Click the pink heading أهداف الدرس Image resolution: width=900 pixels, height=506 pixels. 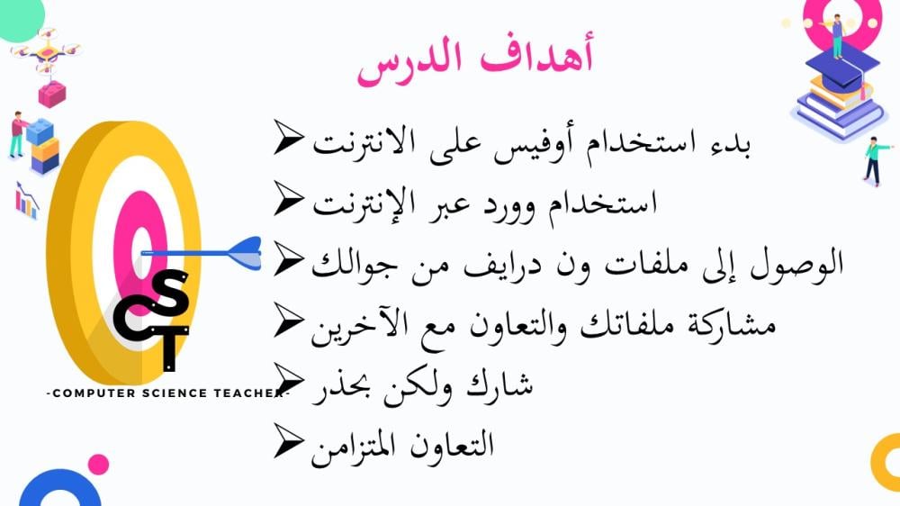pyautogui.click(x=475, y=59)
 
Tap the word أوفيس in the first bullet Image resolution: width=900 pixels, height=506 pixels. pyautogui.click(x=616, y=143)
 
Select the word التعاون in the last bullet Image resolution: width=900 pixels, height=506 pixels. pyautogui.click(x=452, y=445)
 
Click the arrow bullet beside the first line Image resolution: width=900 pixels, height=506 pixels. pyautogui.click(x=288, y=137)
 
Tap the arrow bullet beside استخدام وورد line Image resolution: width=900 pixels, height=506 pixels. pyautogui.click(x=288, y=198)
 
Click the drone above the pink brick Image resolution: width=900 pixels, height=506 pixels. pyautogui.click(x=46, y=51)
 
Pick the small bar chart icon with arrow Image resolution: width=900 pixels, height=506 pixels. pyautogui.click(x=26, y=201)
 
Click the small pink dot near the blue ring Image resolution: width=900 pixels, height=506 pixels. pyautogui.click(x=98, y=465)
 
